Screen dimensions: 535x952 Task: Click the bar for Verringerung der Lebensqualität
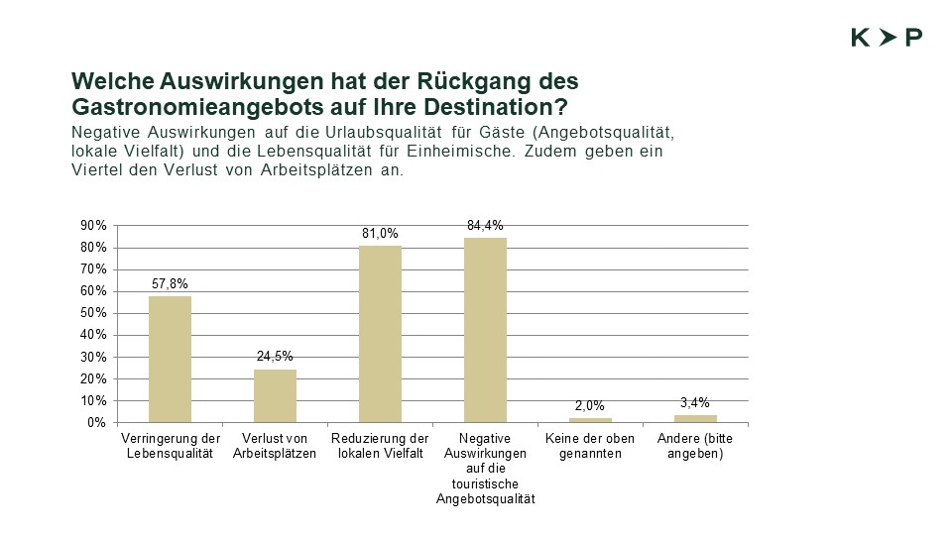[x=170, y=359]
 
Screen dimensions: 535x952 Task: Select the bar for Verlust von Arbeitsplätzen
[x=275, y=395]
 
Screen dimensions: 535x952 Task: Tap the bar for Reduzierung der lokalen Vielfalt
[x=380, y=334]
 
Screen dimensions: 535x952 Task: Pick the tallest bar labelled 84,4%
[x=485, y=330]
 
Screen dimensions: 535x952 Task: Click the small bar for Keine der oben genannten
[x=590, y=420]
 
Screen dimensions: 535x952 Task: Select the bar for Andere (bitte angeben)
[x=695, y=418]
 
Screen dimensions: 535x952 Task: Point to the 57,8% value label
[x=170, y=285]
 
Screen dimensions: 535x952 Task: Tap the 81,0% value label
[x=380, y=234]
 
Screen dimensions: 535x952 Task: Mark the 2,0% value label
[x=590, y=406]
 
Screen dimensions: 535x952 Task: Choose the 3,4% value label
[x=695, y=403]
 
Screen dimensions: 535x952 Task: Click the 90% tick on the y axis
[x=93, y=226]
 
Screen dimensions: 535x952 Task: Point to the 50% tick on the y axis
[x=93, y=313]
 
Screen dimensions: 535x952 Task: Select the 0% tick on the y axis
[x=97, y=423]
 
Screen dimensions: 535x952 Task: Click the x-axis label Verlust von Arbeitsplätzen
[x=275, y=446]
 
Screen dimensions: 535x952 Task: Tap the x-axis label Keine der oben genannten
[x=590, y=446]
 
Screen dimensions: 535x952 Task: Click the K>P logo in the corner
[x=887, y=38]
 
